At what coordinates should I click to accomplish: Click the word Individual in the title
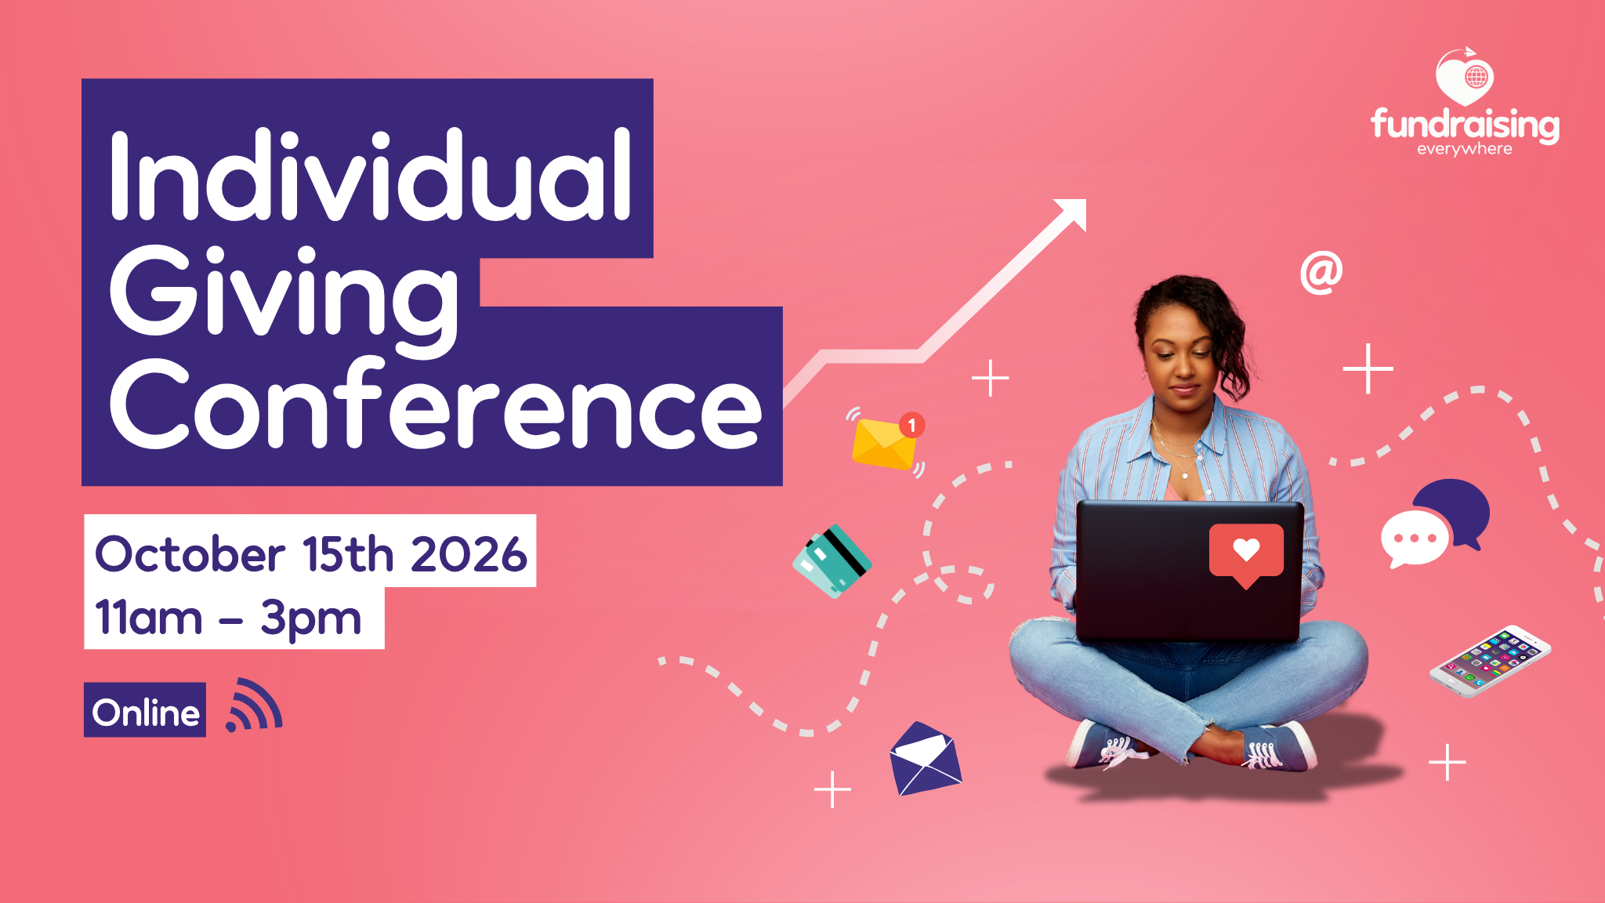tap(371, 176)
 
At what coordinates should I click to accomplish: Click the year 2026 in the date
tap(469, 553)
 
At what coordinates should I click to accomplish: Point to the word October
tap(190, 553)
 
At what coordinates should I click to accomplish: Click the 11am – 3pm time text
tap(228, 617)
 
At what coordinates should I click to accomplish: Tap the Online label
tap(145, 710)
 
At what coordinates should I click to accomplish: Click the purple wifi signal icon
tap(253, 705)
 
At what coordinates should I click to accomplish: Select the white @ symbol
tap(1321, 273)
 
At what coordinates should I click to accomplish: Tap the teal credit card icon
tap(832, 561)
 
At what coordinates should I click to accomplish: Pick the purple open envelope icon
tap(925, 758)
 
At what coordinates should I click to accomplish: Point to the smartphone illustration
tap(1490, 661)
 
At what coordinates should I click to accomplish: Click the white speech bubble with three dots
tap(1414, 539)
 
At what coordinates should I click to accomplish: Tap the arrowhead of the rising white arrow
tap(1074, 212)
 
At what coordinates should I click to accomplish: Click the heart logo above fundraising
tap(1465, 77)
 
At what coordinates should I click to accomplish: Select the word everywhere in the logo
tap(1465, 149)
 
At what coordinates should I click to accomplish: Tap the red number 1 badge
tap(911, 425)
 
